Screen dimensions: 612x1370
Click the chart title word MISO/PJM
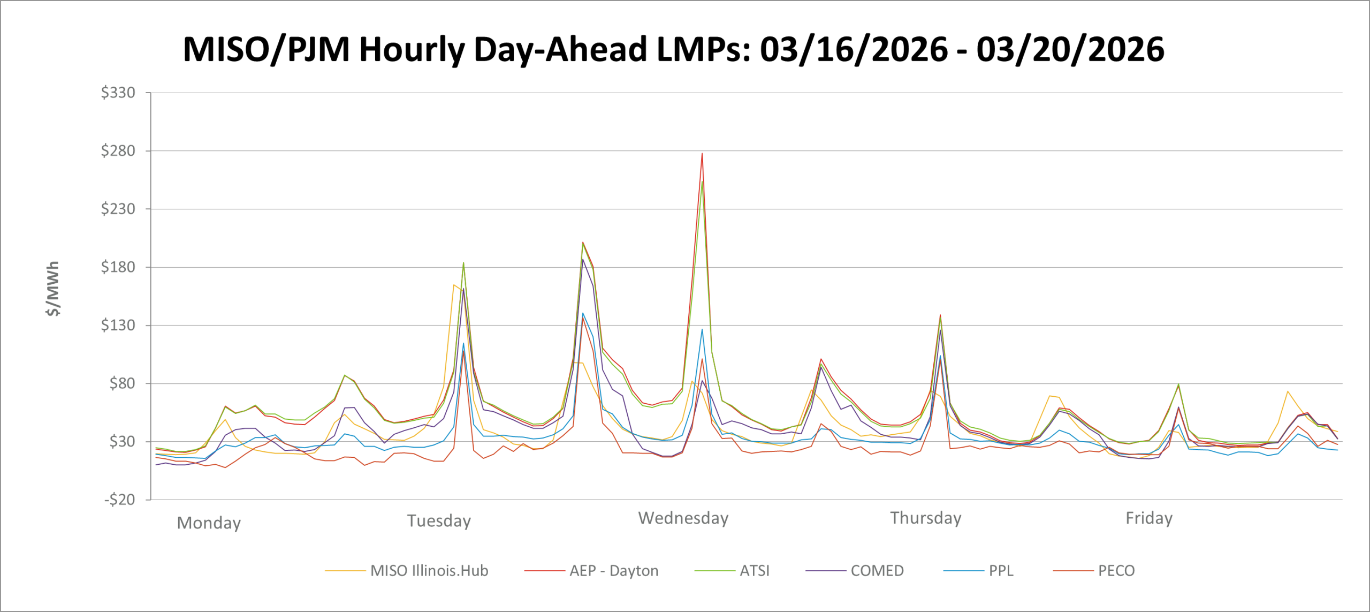click(x=266, y=50)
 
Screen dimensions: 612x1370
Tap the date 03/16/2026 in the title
click(x=854, y=50)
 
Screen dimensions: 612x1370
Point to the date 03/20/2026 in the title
click(x=1070, y=50)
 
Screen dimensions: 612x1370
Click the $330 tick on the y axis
click(x=118, y=93)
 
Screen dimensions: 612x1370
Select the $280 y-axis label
click(x=118, y=151)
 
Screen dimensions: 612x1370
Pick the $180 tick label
click(x=118, y=267)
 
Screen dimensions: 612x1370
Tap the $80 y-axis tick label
click(x=122, y=383)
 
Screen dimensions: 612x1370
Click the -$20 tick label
click(x=119, y=500)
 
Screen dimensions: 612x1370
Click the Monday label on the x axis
click(x=209, y=523)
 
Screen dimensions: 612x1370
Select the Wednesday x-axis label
click(x=683, y=518)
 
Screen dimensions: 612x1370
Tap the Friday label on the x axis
click(x=1149, y=518)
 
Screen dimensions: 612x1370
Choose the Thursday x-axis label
click(x=926, y=518)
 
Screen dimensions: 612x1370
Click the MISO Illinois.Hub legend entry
click(x=429, y=571)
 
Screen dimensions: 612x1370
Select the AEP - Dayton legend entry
click(x=613, y=571)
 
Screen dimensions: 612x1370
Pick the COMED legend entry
click(x=877, y=571)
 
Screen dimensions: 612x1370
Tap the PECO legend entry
click(x=1116, y=571)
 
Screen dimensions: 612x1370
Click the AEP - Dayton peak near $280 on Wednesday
click(x=702, y=154)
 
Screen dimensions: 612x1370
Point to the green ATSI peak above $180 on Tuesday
click(x=463, y=263)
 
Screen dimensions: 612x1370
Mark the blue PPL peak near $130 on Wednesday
click(x=702, y=329)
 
